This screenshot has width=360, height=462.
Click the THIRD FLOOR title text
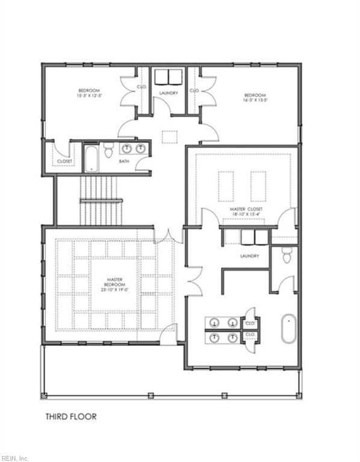pos(71,416)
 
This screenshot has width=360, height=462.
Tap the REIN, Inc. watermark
pos(14,458)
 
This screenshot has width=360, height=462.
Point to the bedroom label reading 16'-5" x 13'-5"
pos(255,97)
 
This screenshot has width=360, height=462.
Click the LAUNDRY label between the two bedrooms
pos(168,93)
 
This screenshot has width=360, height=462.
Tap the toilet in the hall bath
pos(108,150)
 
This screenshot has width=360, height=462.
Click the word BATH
pos(123,161)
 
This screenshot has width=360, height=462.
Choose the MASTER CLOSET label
pos(246,209)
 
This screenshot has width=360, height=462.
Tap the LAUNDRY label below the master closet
pos(249,256)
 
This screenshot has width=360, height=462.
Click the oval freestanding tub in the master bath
pos(288,328)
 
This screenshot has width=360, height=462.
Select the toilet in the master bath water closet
pos(287,257)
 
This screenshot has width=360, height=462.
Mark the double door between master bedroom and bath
pos(192,282)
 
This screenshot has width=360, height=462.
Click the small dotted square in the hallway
pos(169,137)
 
